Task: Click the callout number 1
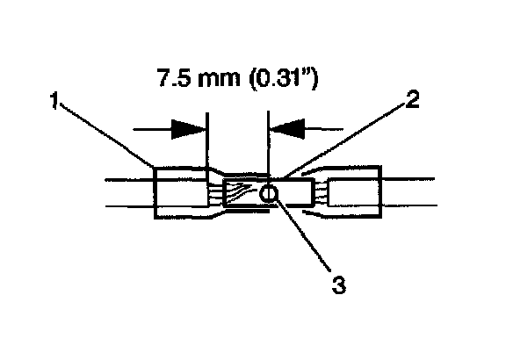pyautogui.click(x=54, y=100)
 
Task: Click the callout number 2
pyautogui.click(x=412, y=99)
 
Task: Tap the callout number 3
pyautogui.click(x=339, y=284)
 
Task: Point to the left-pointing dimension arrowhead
pyautogui.click(x=287, y=129)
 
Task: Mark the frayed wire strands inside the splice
pyautogui.click(x=238, y=192)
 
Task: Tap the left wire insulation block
pyautogui.click(x=181, y=192)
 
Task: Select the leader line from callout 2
pyautogui.click(x=343, y=140)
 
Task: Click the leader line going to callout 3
pyautogui.click(x=303, y=234)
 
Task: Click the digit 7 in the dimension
pyautogui.click(x=163, y=78)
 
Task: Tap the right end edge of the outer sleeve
pyautogui.click(x=381, y=192)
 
